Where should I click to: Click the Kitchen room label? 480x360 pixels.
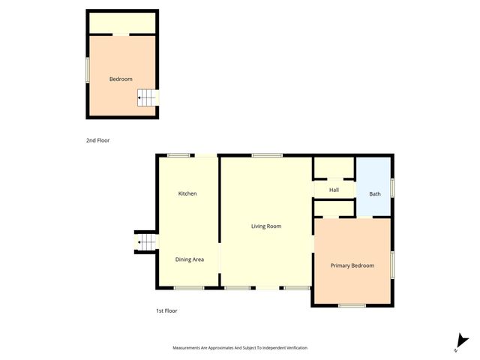[187, 193]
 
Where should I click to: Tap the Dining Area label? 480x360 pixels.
[189, 259]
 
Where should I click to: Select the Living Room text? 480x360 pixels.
[266, 226]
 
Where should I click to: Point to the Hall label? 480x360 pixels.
[334, 190]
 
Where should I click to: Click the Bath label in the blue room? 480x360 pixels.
[374, 194]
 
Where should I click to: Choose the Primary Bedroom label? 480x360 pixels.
[352, 265]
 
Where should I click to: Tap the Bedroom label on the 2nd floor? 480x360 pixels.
[121, 79]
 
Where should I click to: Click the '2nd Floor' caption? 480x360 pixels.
[97, 140]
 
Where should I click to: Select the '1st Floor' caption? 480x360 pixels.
[166, 310]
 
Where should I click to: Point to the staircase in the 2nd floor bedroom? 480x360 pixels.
[148, 97]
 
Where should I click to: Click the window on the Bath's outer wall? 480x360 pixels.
[392, 187]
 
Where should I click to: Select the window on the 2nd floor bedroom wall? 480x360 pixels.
[87, 70]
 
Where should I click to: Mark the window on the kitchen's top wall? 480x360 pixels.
[178, 155]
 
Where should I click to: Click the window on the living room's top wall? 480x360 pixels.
[266, 155]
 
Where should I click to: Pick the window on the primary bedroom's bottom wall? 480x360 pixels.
[352, 305]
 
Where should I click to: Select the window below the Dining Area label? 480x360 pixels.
[188, 288]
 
